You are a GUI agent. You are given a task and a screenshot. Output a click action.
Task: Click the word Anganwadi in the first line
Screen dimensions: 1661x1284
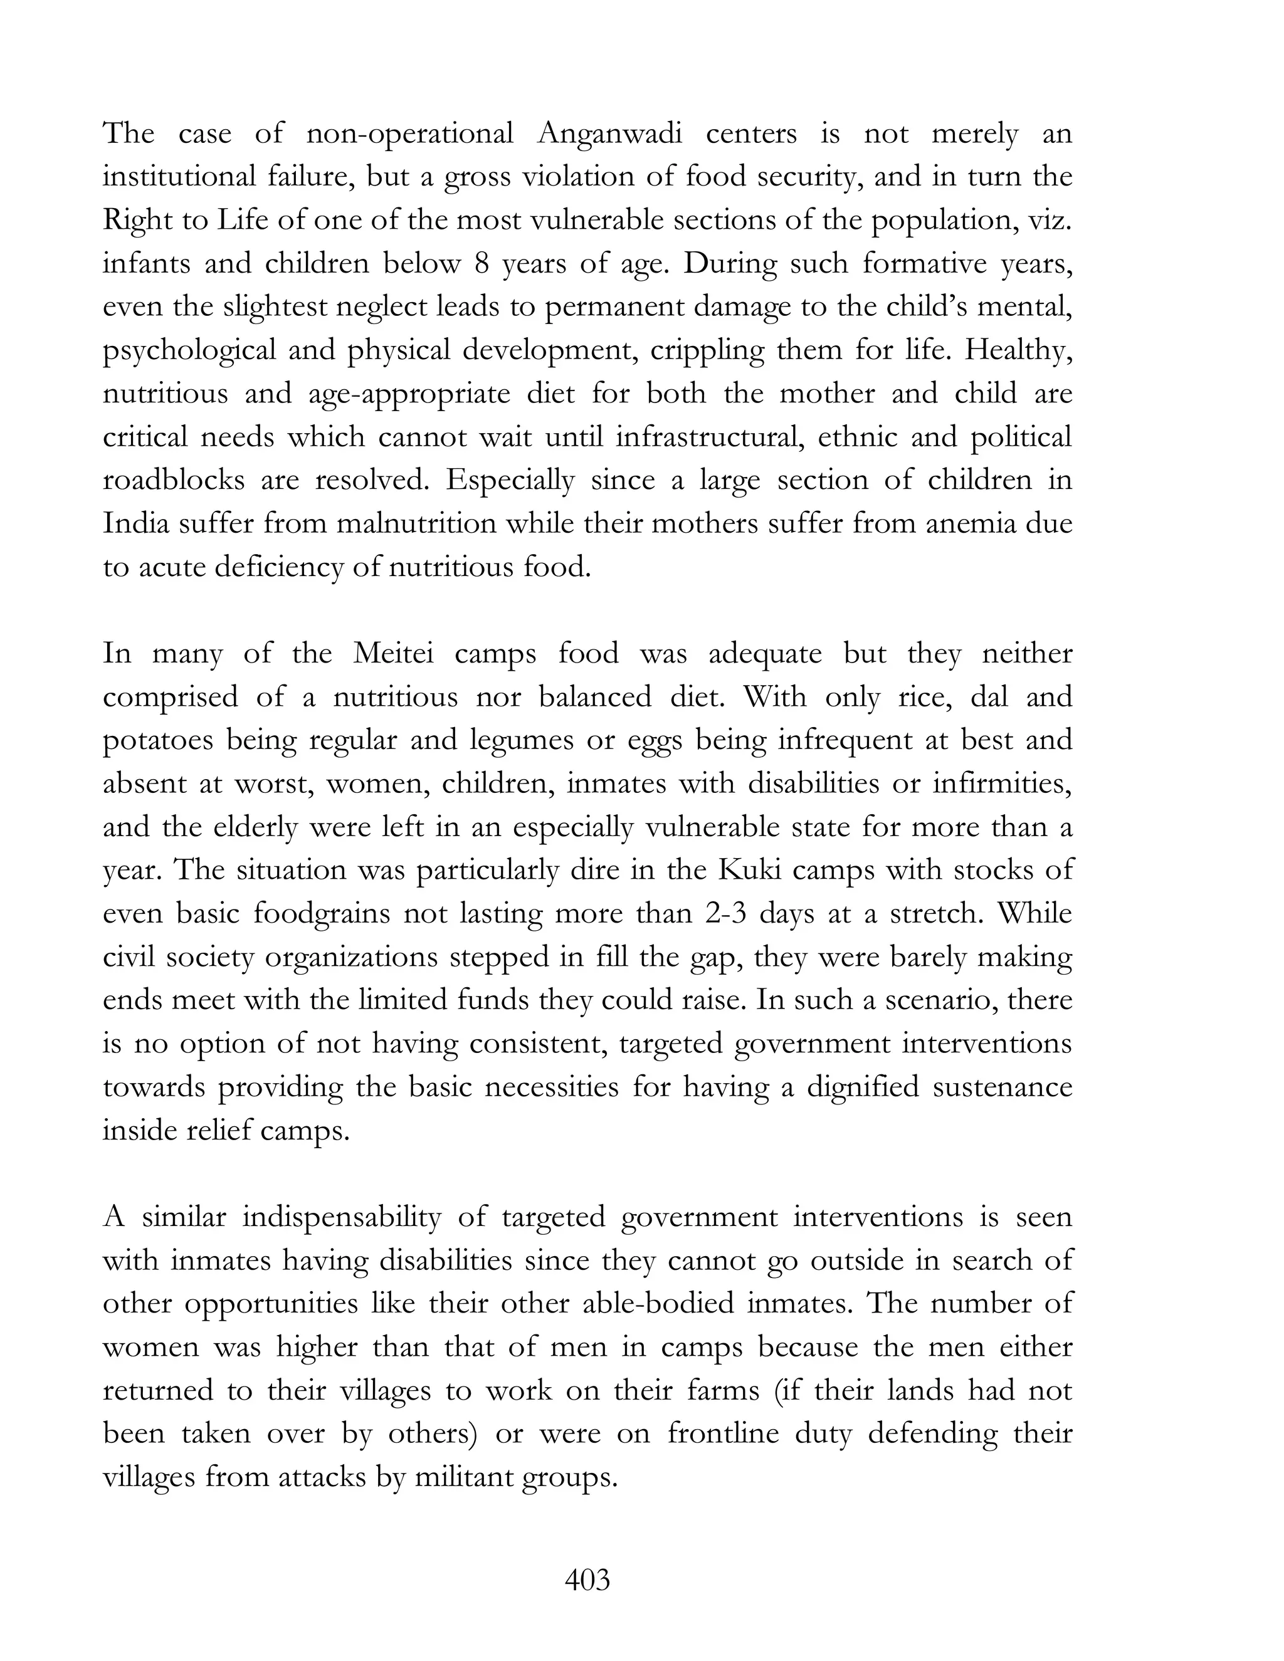tap(609, 134)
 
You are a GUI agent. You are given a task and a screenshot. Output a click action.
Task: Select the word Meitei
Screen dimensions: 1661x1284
tap(393, 653)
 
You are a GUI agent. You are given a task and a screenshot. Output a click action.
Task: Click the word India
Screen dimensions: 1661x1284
tap(136, 524)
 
